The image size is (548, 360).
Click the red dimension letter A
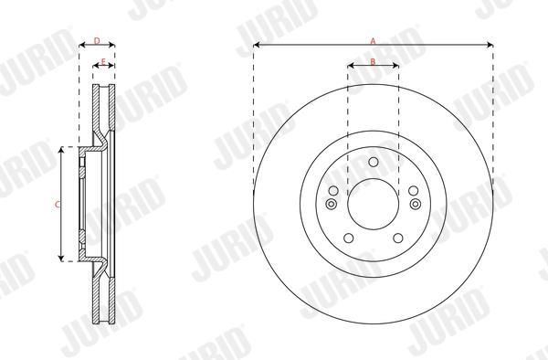click(x=373, y=41)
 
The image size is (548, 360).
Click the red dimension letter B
click(x=373, y=62)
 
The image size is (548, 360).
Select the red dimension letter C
click(x=58, y=205)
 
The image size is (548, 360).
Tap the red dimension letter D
click(x=97, y=41)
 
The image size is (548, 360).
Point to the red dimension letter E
click(x=103, y=62)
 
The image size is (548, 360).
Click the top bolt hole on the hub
click(x=374, y=162)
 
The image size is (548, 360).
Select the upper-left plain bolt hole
click(x=333, y=191)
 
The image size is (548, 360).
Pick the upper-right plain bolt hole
click(x=413, y=191)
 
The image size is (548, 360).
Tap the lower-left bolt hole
click(x=349, y=238)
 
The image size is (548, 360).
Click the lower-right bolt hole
click(x=398, y=238)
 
